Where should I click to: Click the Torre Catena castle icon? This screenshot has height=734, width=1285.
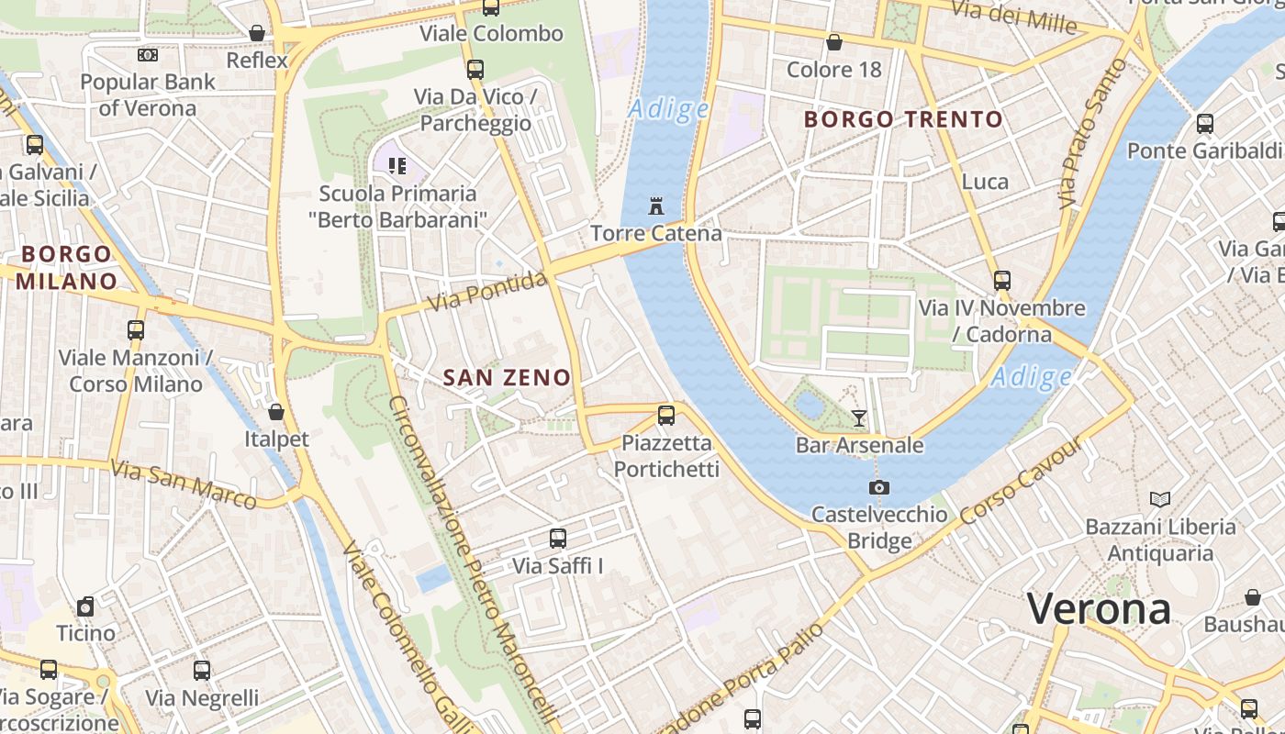(x=655, y=206)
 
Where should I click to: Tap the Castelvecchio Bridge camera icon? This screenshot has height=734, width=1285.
(x=879, y=487)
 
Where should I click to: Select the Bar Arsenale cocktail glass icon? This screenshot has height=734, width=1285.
(x=859, y=418)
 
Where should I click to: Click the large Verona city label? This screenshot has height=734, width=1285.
(x=1099, y=608)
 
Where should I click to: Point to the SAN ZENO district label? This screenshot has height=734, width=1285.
(x=507, y=377)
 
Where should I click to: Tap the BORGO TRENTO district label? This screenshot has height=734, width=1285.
(x=903, y=119)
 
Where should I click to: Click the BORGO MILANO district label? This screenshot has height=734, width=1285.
(x=66, y=267)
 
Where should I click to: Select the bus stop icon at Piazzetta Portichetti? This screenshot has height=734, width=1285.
(x=666, y=416)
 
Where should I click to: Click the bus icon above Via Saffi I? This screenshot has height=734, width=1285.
(x=558, y=539)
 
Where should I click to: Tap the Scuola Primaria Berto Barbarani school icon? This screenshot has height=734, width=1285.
(x=397, y=166)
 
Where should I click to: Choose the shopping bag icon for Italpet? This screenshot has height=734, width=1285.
(x=276, y=412)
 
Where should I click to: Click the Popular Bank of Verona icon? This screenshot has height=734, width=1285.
(x=148, y=55)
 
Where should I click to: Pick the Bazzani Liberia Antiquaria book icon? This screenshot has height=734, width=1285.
(x=1160, y=499)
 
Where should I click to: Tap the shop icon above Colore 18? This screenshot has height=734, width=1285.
(x=834, y=42)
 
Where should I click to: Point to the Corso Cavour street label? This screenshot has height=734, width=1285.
(x=1021, y=484)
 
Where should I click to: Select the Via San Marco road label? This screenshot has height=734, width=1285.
(x=184, y=484)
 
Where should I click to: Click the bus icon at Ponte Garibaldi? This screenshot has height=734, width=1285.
(x=1205, y=123)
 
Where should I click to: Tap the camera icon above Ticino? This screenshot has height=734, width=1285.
(x=85, y=606)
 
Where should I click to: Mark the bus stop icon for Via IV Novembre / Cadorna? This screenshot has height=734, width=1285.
(x=1002, y=281)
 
